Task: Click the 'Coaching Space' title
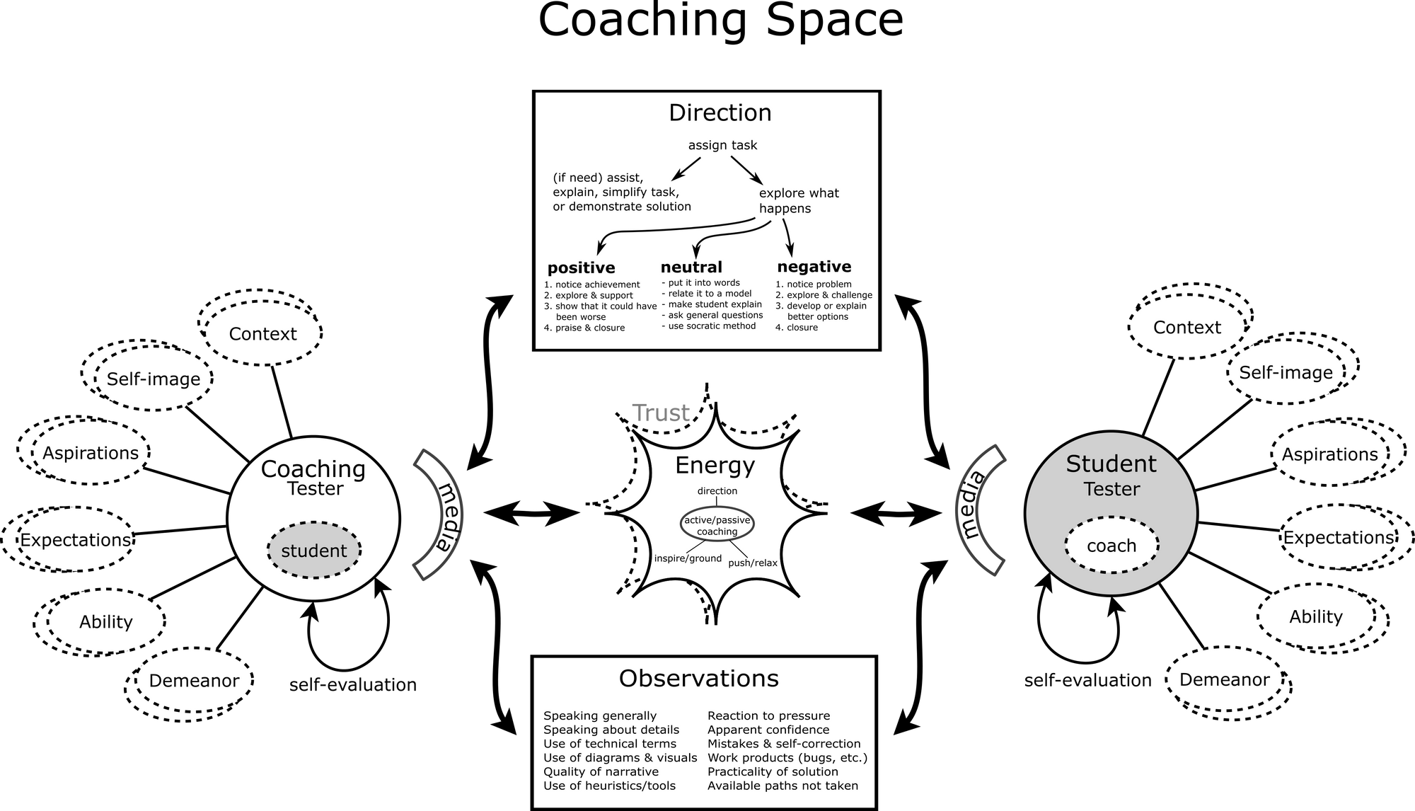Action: [x=720, y=21]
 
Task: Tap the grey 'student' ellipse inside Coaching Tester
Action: [x=314, y=550]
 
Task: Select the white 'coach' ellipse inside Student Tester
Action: [x=1111, y=546]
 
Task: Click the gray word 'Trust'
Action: [x=661, y=413]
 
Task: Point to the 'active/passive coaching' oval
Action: [x=717, y=526]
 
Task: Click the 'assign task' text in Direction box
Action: [x=722, y=145]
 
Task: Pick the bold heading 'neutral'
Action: [x=691, y=267]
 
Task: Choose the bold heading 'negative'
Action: [x=814, y=267]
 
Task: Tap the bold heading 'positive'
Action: [x=581, y=268]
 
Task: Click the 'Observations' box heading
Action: [x=698, y=678]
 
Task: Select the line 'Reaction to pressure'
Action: [x=768, y=715]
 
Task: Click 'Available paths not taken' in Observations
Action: [x=782, y=786]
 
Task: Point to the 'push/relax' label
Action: [x=753, y=563]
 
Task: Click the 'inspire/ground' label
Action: [x=688, y=558]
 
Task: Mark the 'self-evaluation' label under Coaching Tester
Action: [x=352, y=685]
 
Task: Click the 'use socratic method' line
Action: [x=708, y=326]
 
